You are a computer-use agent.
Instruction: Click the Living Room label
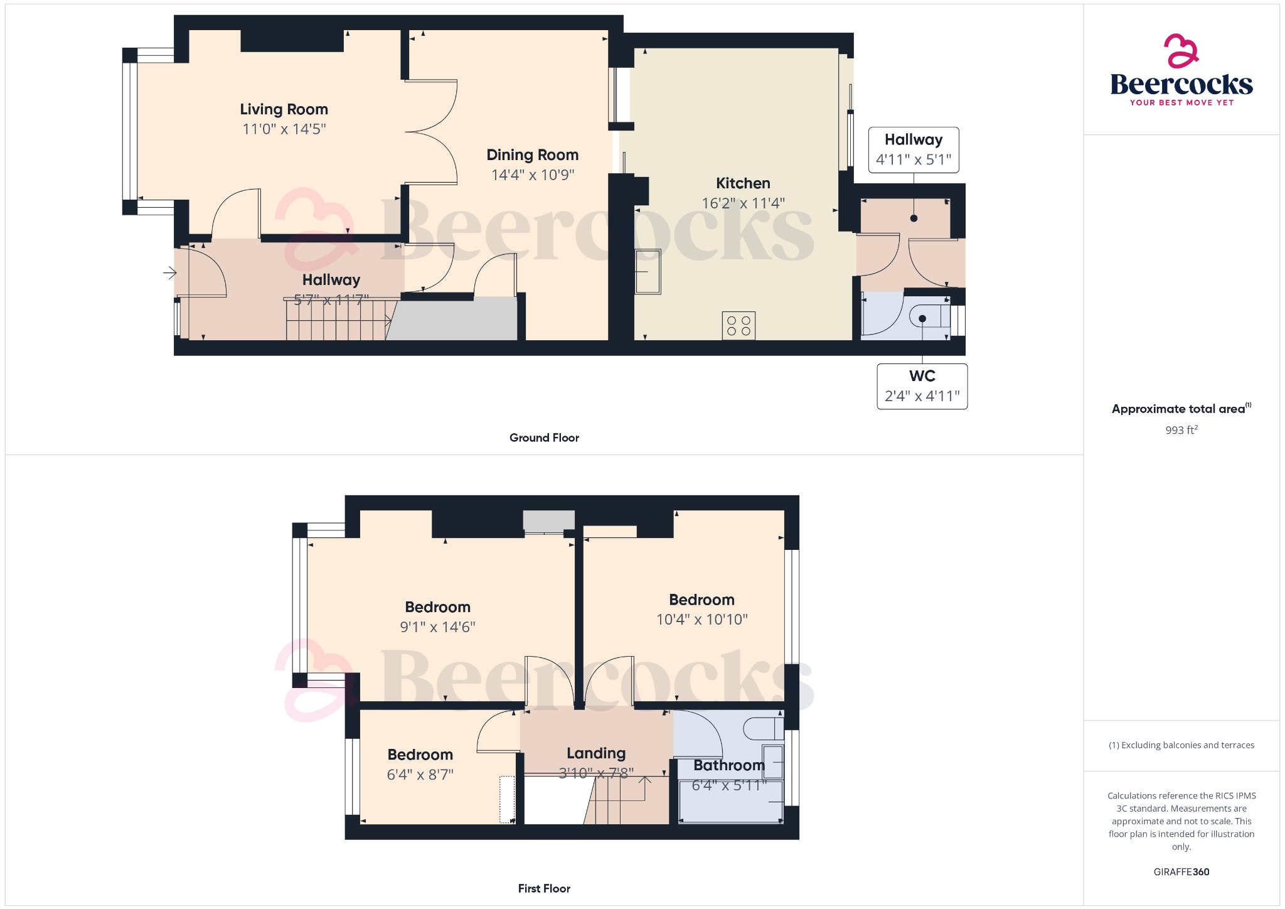tap(284, 109)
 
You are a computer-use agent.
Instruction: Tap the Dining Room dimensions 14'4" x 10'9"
tap(532, 175)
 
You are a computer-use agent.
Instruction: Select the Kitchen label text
tap(743, 183)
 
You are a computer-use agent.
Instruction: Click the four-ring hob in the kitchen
tap(738, 326)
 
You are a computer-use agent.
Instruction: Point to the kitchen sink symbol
tap(648, 272)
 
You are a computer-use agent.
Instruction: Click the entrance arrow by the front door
tap(169, 272)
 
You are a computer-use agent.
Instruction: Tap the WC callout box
tap(922, 386)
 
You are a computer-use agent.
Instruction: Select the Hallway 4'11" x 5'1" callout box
tap(913, 149)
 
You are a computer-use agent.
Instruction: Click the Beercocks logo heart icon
tap(1181, 51)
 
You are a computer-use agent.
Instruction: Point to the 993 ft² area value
tap(1181, 430)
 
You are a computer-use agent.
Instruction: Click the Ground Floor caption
tap(544, 438)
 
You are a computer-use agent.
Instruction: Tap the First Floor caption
tap(544, 888)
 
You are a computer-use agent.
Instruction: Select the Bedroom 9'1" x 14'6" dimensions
tap(437, 627)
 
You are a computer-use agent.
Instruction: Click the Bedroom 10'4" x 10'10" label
tap(701, 600)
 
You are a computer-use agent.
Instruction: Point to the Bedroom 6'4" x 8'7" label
tap(420, 755)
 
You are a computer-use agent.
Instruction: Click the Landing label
tap(595, 753)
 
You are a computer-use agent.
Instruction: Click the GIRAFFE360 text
tap(1181, 871)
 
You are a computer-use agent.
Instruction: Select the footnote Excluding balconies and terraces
tap(1181, 745)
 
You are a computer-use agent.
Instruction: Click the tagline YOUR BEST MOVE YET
tap(1181, 102)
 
